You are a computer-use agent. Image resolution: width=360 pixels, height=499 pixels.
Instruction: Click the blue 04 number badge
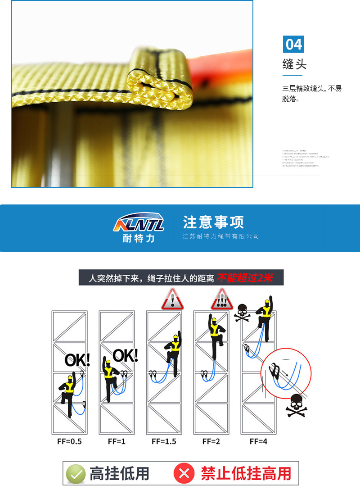(x=293, y=44)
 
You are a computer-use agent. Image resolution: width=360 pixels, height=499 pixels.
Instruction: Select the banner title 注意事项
(x=213, y=222)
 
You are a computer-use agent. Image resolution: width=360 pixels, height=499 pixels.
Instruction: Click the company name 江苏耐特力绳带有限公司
(x=221, y=236)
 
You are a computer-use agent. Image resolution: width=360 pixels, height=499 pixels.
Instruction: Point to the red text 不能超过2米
(x=245, y=278)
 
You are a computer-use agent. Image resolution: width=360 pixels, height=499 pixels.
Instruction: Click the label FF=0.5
(x=69, y=441)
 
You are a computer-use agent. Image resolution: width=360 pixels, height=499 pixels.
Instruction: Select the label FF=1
(x=117, y=441)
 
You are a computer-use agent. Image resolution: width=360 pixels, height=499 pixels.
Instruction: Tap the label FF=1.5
(x=164, y=441)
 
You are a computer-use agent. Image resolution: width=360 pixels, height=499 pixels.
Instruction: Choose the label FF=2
(x=211, y=441)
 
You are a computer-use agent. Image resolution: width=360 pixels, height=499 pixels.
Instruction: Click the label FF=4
(x=258, y=441)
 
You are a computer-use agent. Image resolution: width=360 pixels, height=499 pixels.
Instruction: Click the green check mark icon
(x=76, y=474)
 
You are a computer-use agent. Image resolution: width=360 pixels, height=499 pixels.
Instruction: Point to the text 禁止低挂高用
(x=246, y=473)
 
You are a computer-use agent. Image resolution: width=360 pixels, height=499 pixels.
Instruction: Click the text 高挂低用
(x=119, y=473)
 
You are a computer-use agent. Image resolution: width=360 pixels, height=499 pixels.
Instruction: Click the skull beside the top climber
(x=242, y=312)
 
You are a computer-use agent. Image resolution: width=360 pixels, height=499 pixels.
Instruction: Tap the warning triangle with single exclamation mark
(x=172, y=299)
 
